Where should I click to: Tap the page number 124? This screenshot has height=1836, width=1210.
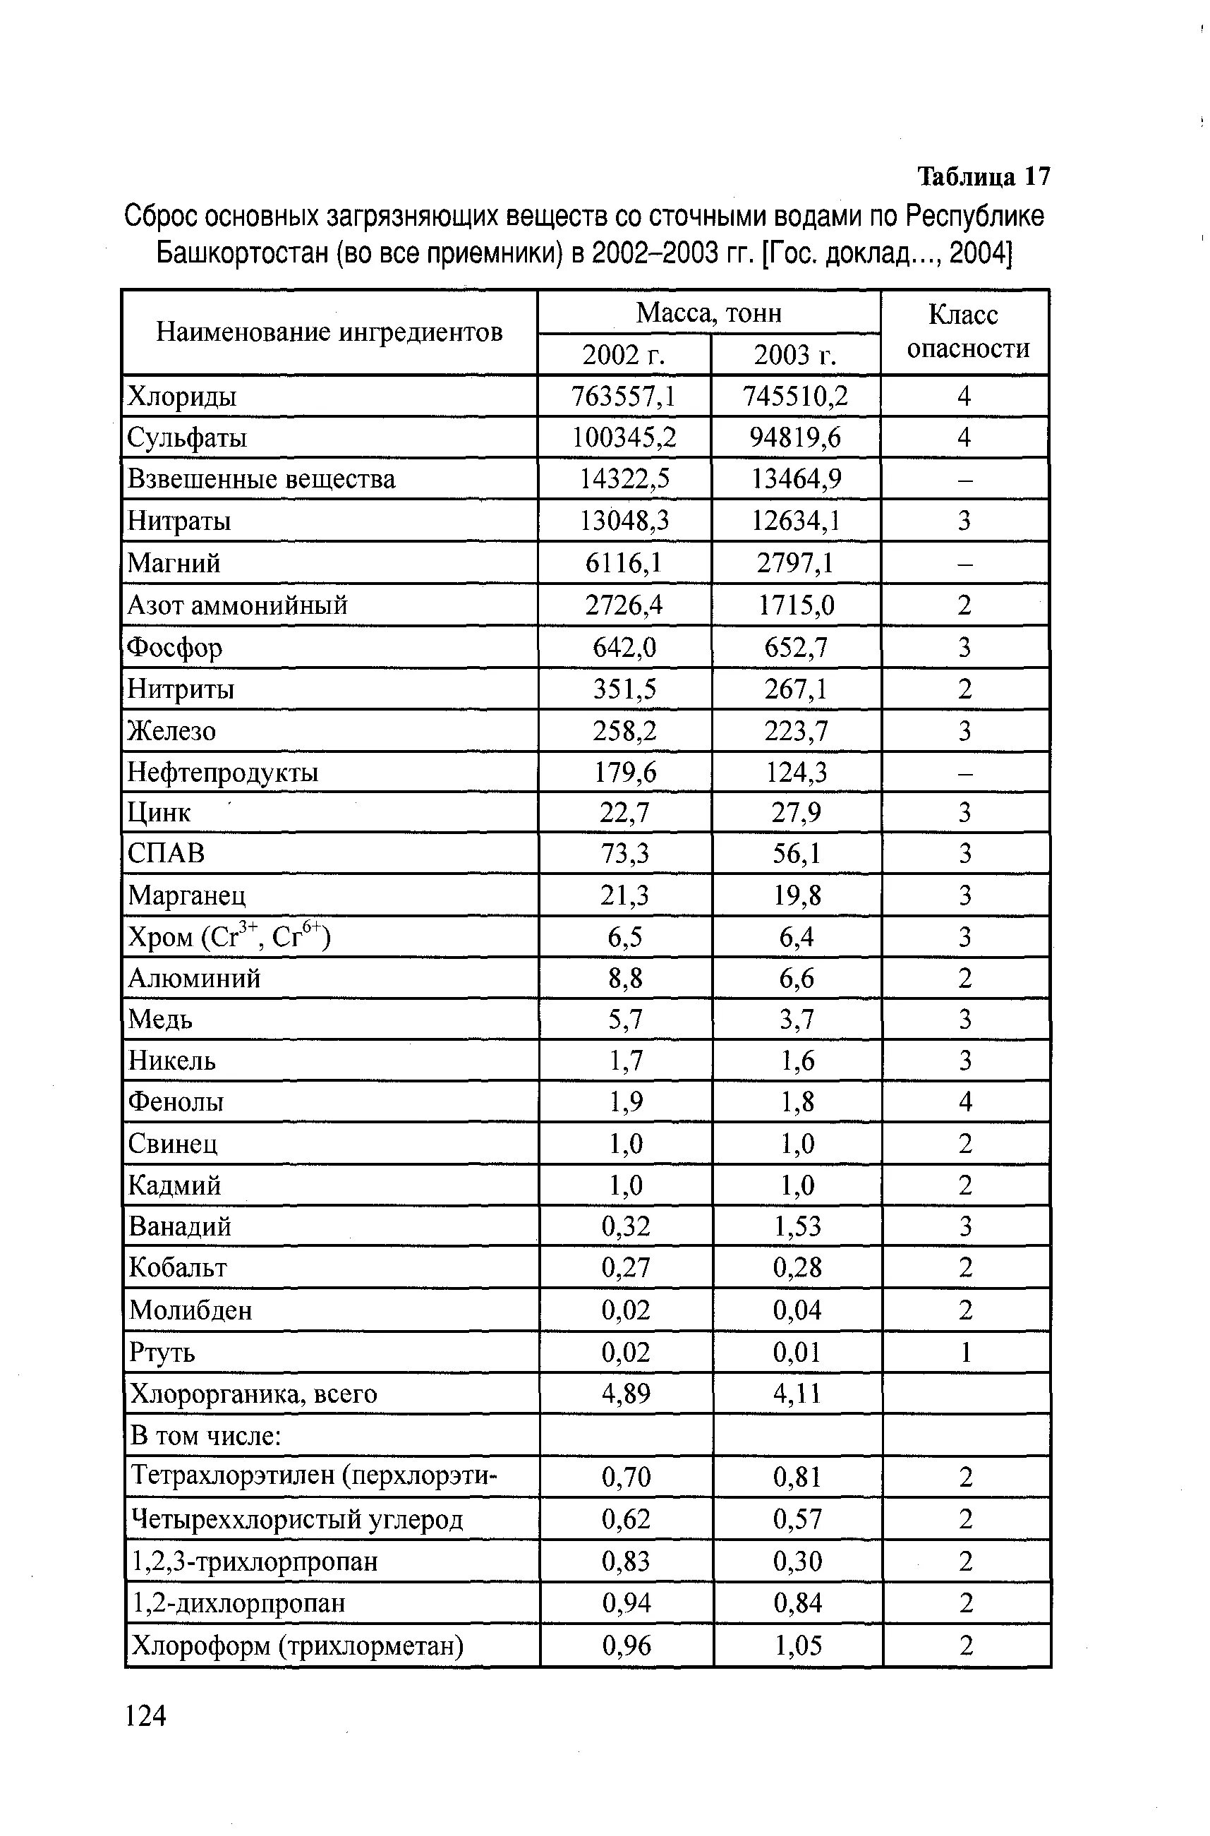tap(145, 1715)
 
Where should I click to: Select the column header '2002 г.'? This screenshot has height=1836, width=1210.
tap(624, 355)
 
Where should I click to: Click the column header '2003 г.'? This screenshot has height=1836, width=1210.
tap(795, 355)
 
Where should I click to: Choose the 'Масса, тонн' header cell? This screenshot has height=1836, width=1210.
tap(708, 313)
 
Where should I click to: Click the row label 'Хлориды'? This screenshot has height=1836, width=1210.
tap(182, 397)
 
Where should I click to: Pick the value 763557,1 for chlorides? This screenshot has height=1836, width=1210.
tap(624, 397)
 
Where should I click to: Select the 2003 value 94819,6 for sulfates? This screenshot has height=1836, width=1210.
tap(796, 438)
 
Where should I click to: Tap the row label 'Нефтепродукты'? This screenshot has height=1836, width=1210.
tap(223, 772)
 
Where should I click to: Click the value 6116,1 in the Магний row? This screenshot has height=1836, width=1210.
tap(624, 563)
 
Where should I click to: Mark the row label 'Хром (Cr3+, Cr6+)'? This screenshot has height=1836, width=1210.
tap(229, 937)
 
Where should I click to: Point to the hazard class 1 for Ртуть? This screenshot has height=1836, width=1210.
tap(965, 1352)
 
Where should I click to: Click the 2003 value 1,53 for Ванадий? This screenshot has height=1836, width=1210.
tap(797, 1226)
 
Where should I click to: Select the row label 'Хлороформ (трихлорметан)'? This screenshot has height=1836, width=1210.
tap(298, 1645)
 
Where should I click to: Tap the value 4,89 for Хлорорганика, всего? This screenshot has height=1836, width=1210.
tap(626, 1394)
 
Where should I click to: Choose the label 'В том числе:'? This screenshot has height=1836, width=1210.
tap(206, 1435)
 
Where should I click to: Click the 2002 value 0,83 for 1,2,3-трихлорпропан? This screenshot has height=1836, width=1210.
tap(626, 1562)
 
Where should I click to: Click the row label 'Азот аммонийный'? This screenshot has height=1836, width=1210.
tap(238, 605)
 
